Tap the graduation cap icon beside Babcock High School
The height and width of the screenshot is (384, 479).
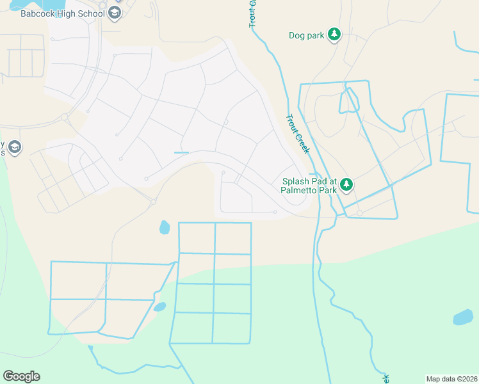[x=114, y=13]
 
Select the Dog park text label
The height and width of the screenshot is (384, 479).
[x=307, y=36]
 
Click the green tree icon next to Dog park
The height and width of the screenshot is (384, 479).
[x=334, y=35]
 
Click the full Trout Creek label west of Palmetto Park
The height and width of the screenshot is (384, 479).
[x=298, y=134]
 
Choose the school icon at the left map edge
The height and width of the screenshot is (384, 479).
[x=15, y=148]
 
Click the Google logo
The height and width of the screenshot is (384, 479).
[x=21, y=376]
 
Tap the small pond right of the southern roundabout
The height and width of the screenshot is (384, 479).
[x=165, y=227]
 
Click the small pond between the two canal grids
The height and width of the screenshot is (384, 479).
[x=159, y=307]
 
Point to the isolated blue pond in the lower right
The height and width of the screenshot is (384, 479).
[x=462, y=317]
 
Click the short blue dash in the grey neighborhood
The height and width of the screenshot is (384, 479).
[x=181, y=152]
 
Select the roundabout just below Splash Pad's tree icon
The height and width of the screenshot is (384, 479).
[x=360, y=213]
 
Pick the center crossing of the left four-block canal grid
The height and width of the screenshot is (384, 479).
[x=106, y=299]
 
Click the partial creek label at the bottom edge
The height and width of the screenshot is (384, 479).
[x=386, y=378]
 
